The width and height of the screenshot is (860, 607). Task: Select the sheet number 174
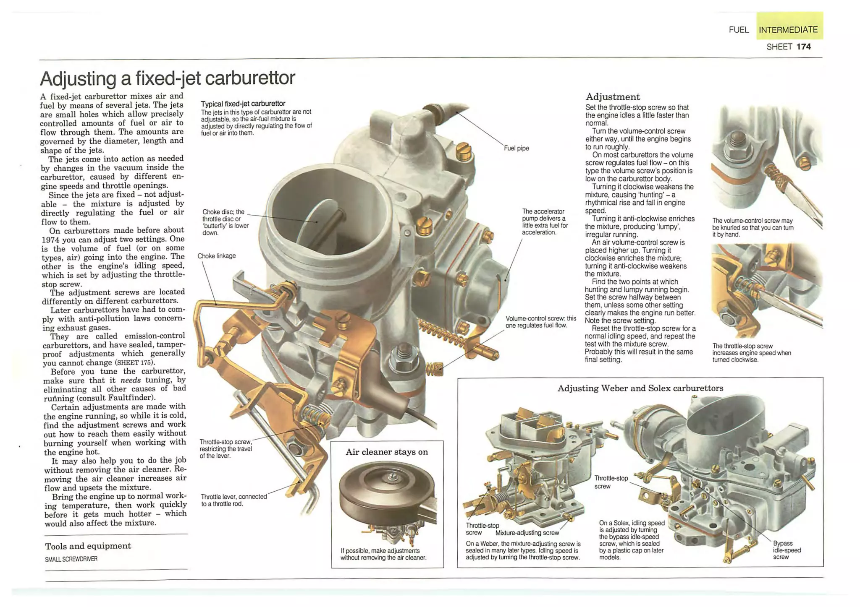(x=803, y=47)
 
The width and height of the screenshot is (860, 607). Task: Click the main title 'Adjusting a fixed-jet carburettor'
(x=167, y=78)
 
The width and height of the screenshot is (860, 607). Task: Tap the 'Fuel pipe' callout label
(x=516, y=148)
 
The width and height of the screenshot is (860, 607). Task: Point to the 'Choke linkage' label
(x=216, y=256)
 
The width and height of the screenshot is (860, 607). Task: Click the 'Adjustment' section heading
(x=612, y=97)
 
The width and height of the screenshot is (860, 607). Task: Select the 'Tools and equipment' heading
(x=88, y=546)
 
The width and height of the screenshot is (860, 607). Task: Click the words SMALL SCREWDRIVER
(x=71, y=559)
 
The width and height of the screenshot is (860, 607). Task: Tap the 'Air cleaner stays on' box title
(x=387, y=452)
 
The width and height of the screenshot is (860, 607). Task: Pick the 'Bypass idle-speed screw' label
(x=787, y=550)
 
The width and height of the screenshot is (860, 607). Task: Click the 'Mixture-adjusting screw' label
(x=527, y=533)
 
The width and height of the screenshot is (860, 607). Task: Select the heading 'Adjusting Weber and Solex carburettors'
(x=640, y=388)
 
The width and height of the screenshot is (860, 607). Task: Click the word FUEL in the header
(x=739, y=30)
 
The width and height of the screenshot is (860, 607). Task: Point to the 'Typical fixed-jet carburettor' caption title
(x=243, y=104)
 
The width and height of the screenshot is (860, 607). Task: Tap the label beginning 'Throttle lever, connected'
(x=234, y=500)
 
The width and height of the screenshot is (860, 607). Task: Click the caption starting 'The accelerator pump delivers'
(x=545, y=221)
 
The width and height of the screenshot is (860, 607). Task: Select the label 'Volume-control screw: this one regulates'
(x=540, y=322)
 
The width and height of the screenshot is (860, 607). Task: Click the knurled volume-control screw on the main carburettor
(x=435, y=369)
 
